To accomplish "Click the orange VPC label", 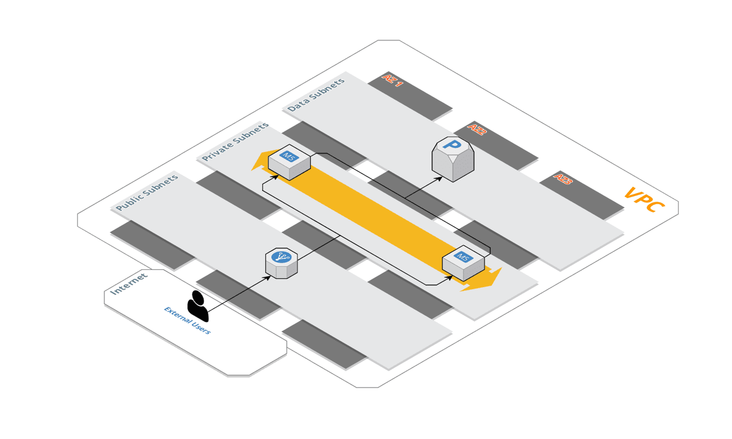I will tap(644, 200).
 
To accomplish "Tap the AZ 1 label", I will tap(392, 81).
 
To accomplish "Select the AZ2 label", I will tap(477, 130).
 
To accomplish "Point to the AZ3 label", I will tap(563, 179).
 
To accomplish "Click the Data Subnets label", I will tap(316, 95).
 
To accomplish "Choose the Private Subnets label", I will tap(235, 142).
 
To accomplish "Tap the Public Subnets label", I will tap(147, 192).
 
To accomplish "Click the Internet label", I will tap(129, 284).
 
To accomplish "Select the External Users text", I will tap(187, 321).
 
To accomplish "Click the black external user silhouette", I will tap(198, 306).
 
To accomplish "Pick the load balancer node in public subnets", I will tap(281, 263).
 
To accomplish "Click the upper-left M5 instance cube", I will tap(289, 162).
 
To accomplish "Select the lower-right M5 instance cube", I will tap(463, 263).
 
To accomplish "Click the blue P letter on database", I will tap(452, 145).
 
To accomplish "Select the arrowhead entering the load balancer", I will tap(268, 277).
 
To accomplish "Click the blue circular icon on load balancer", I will tap(281, 257).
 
